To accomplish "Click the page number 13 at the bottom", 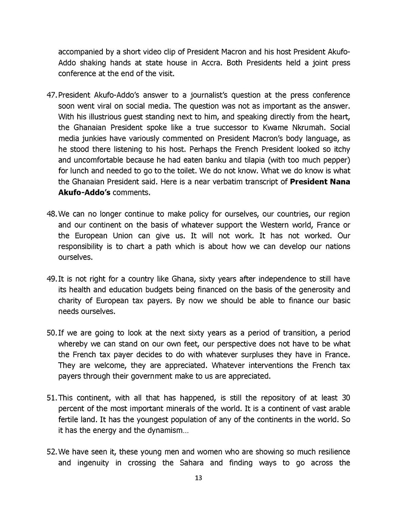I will (198, 478).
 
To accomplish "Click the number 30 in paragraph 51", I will (345, 398).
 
